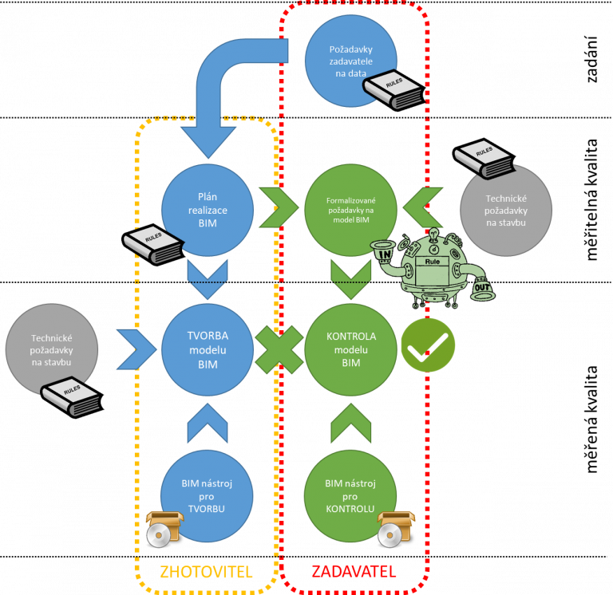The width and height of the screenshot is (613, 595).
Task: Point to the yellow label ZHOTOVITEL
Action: [206, 572]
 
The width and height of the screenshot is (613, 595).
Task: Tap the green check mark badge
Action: [428, 345]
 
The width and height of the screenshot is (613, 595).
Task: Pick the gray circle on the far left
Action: [52, 349]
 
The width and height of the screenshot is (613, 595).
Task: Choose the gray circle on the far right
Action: [505, 210]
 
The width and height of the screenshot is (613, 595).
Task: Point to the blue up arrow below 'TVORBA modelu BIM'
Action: [208, 424]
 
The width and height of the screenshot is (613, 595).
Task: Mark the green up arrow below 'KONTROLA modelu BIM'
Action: [351, 424]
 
